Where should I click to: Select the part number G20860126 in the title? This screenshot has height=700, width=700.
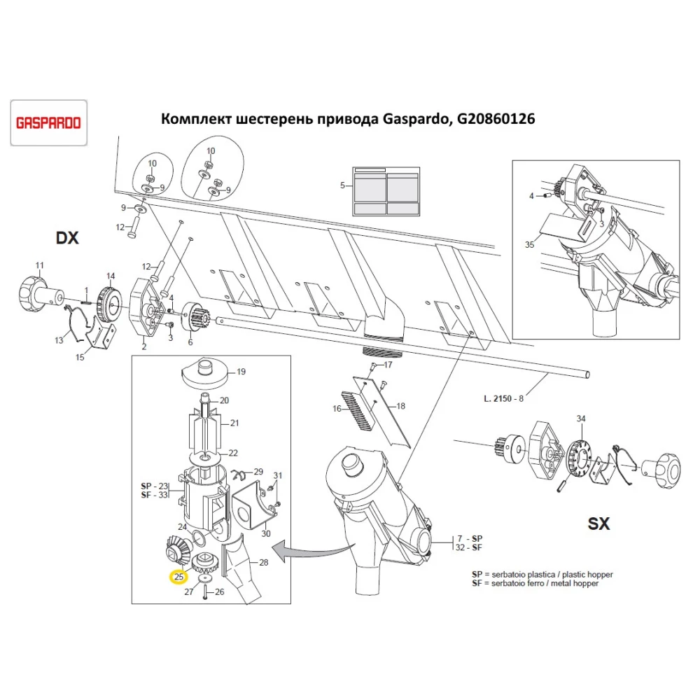496,119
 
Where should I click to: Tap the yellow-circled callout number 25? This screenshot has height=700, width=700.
179,577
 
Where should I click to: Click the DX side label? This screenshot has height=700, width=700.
67,239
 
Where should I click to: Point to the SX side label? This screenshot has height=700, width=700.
598,523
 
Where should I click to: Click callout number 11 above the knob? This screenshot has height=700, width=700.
39,265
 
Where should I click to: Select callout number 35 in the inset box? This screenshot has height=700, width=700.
529,244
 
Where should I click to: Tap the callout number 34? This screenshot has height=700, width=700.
580,419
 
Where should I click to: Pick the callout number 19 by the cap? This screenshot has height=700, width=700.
240,372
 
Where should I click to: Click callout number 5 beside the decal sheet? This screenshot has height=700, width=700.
342,185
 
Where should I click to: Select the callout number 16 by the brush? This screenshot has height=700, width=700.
337,409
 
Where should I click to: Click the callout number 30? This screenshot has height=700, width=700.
265,534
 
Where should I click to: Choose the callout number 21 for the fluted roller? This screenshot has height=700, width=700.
235,423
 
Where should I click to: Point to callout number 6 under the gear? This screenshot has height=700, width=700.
189,342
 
